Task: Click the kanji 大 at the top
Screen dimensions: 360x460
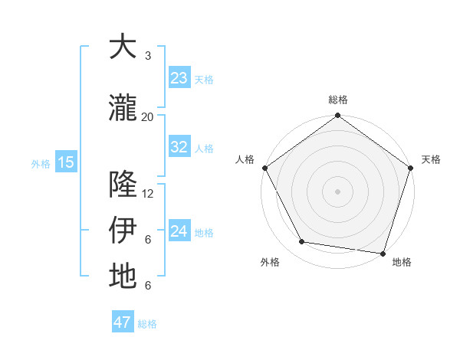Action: click(123, 47)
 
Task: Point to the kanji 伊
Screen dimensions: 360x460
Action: click(123, 231)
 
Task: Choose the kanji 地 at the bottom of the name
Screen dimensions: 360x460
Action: click(123, 277)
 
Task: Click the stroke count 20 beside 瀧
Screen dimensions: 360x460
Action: click(148, 116)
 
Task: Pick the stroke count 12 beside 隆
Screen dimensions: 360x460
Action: click(148, 194)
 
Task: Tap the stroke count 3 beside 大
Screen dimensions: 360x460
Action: click(148, 56)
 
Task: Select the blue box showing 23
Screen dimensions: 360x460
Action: click(179, 78)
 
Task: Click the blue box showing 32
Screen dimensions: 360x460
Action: click(179, 147)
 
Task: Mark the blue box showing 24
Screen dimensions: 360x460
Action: click(179, 231)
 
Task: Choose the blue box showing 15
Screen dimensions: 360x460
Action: click(65, 162)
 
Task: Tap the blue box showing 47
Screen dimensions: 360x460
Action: click(123, 322)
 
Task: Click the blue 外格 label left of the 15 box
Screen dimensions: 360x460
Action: click(41, 163)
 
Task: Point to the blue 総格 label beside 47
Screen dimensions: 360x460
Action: click(147, 324)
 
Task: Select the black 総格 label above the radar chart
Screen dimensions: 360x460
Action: click(337, 100)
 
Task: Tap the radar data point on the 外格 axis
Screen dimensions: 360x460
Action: click(302, 242)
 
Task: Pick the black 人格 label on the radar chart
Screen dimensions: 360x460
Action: click(245, 159)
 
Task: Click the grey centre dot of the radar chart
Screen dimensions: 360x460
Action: click(337, 191)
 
